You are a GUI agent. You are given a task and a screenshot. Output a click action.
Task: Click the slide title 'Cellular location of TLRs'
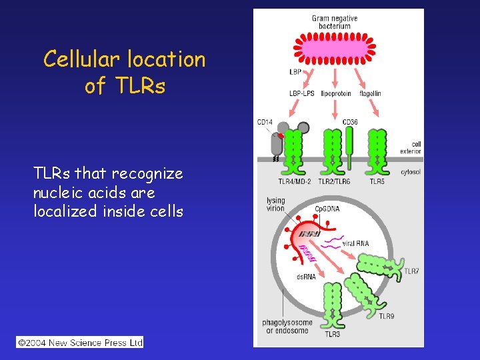tap(125, 72)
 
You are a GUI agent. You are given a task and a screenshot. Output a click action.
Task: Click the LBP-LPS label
tap(301, 94)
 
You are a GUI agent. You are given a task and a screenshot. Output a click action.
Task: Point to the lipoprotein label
tap(335, 94)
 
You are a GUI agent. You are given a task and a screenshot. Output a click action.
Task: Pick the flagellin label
tap(370, 94)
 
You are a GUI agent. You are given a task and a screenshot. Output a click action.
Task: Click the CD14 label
tap(265, 122)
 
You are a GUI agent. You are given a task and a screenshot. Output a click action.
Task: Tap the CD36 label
tap(349, 122)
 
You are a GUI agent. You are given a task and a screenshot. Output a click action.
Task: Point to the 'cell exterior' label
tap(411, 148)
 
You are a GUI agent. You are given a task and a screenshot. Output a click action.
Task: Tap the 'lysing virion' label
tap(275, 204)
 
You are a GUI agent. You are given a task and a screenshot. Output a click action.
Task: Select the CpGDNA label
tap(327, 209)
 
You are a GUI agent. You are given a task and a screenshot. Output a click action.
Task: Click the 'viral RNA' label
tap(355, 243)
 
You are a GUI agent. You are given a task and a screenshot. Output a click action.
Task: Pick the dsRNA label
tap(305, 277)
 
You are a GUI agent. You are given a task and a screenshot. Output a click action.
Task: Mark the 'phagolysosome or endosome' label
tap(287, 327)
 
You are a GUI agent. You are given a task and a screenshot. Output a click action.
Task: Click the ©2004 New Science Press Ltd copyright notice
tap(80, 343)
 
